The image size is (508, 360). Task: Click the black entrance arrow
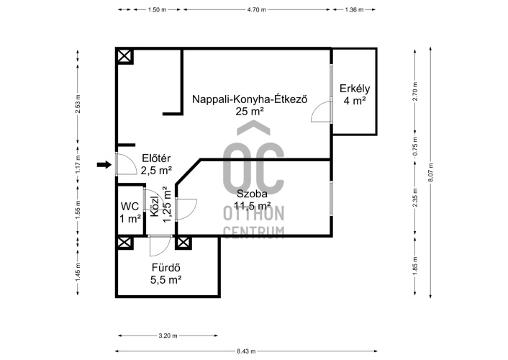click(x=104, y=165)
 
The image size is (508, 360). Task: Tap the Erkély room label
click(x=355, y=89)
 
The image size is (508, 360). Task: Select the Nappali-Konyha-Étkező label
click(x=250, y=99)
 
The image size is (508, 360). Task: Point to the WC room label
click(x=130, y=206)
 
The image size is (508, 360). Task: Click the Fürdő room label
click(x=166, y=268)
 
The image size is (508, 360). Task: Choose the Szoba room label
click(x=252, y=194)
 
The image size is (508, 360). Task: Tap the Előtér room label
click(x=156, y=158)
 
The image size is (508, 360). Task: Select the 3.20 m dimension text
click(x=168, y=336)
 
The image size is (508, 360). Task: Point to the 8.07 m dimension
click(x=430, y=173)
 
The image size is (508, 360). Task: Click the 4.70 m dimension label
click(x=257, y=10)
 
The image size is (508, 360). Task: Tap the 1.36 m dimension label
click(x=354, y=10)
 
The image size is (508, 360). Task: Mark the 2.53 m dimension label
click(x=78, y=104)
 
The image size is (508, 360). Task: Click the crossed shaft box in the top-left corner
click(x=124, y=57)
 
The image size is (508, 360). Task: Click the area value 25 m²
click(x=250, y=112)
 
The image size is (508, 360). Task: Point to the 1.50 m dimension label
click(x=157, y=10)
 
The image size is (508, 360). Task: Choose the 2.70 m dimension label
click(x=415, y=91)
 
